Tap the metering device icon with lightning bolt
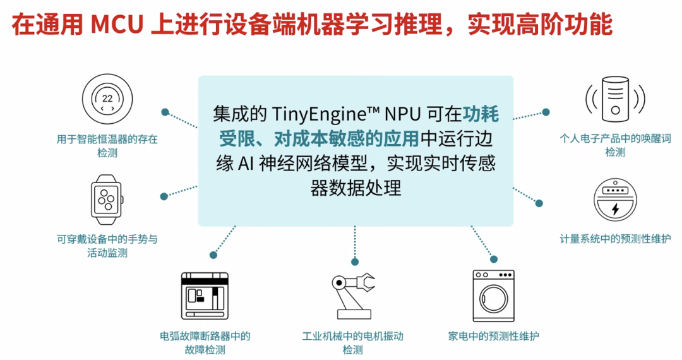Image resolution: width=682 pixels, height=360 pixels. coord(615,200)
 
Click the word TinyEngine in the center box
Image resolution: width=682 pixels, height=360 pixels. coord(314,115)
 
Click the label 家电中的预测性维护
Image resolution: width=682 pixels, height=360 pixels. coord(493,336)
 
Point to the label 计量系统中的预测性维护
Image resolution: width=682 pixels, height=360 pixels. coord(615,239)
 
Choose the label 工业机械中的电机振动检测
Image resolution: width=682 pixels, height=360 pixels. coord(352,342)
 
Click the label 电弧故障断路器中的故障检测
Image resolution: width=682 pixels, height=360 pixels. coord(205,342)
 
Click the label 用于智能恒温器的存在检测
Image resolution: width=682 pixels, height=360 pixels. coord(107,145)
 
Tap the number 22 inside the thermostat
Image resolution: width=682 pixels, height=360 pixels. coord(107,99)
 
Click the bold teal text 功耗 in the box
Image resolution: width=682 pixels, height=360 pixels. coord(481,115)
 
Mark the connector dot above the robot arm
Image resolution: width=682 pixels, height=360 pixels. coord(355,261)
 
